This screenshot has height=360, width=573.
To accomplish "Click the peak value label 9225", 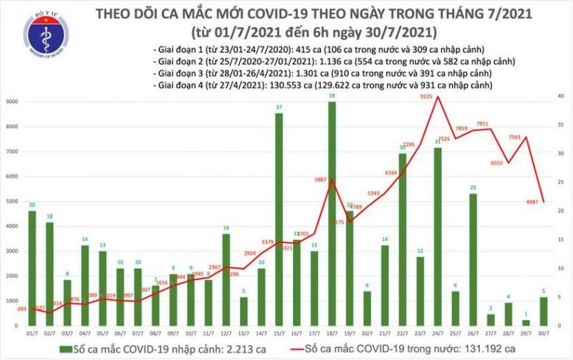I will (424, 89).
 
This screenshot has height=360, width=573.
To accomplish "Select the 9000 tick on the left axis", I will (11, 102).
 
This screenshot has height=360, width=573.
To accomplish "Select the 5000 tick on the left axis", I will (11, 202).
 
